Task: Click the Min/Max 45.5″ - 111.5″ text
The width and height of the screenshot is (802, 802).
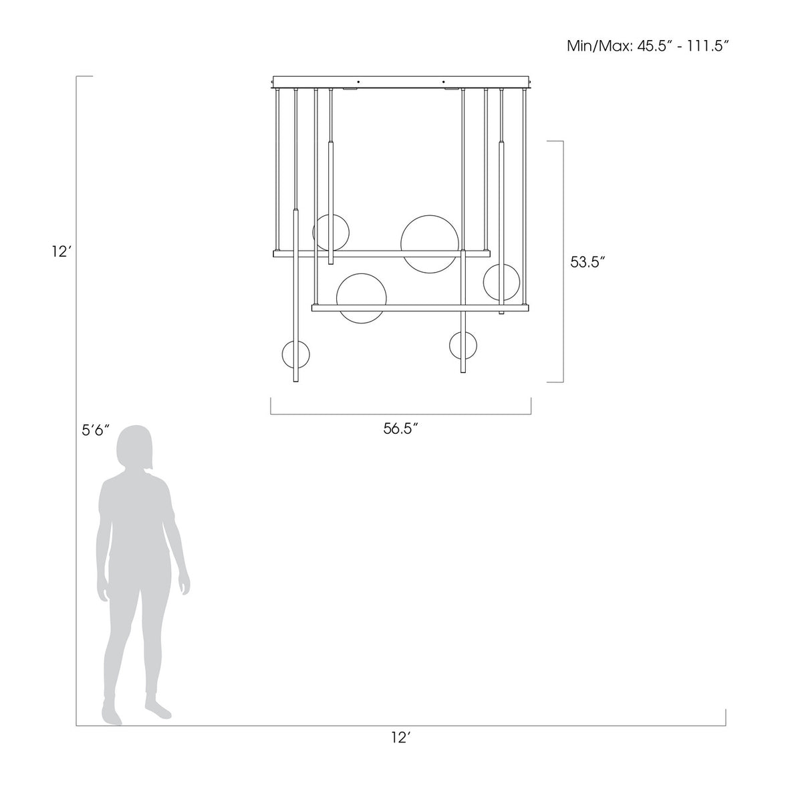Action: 648,46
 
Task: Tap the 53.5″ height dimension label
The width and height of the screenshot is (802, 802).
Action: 587,262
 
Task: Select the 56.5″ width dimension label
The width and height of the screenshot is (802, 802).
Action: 400,428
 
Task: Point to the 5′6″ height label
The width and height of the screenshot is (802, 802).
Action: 96,430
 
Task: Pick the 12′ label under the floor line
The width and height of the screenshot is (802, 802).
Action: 401,737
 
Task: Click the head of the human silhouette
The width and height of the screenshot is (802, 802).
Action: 134,448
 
